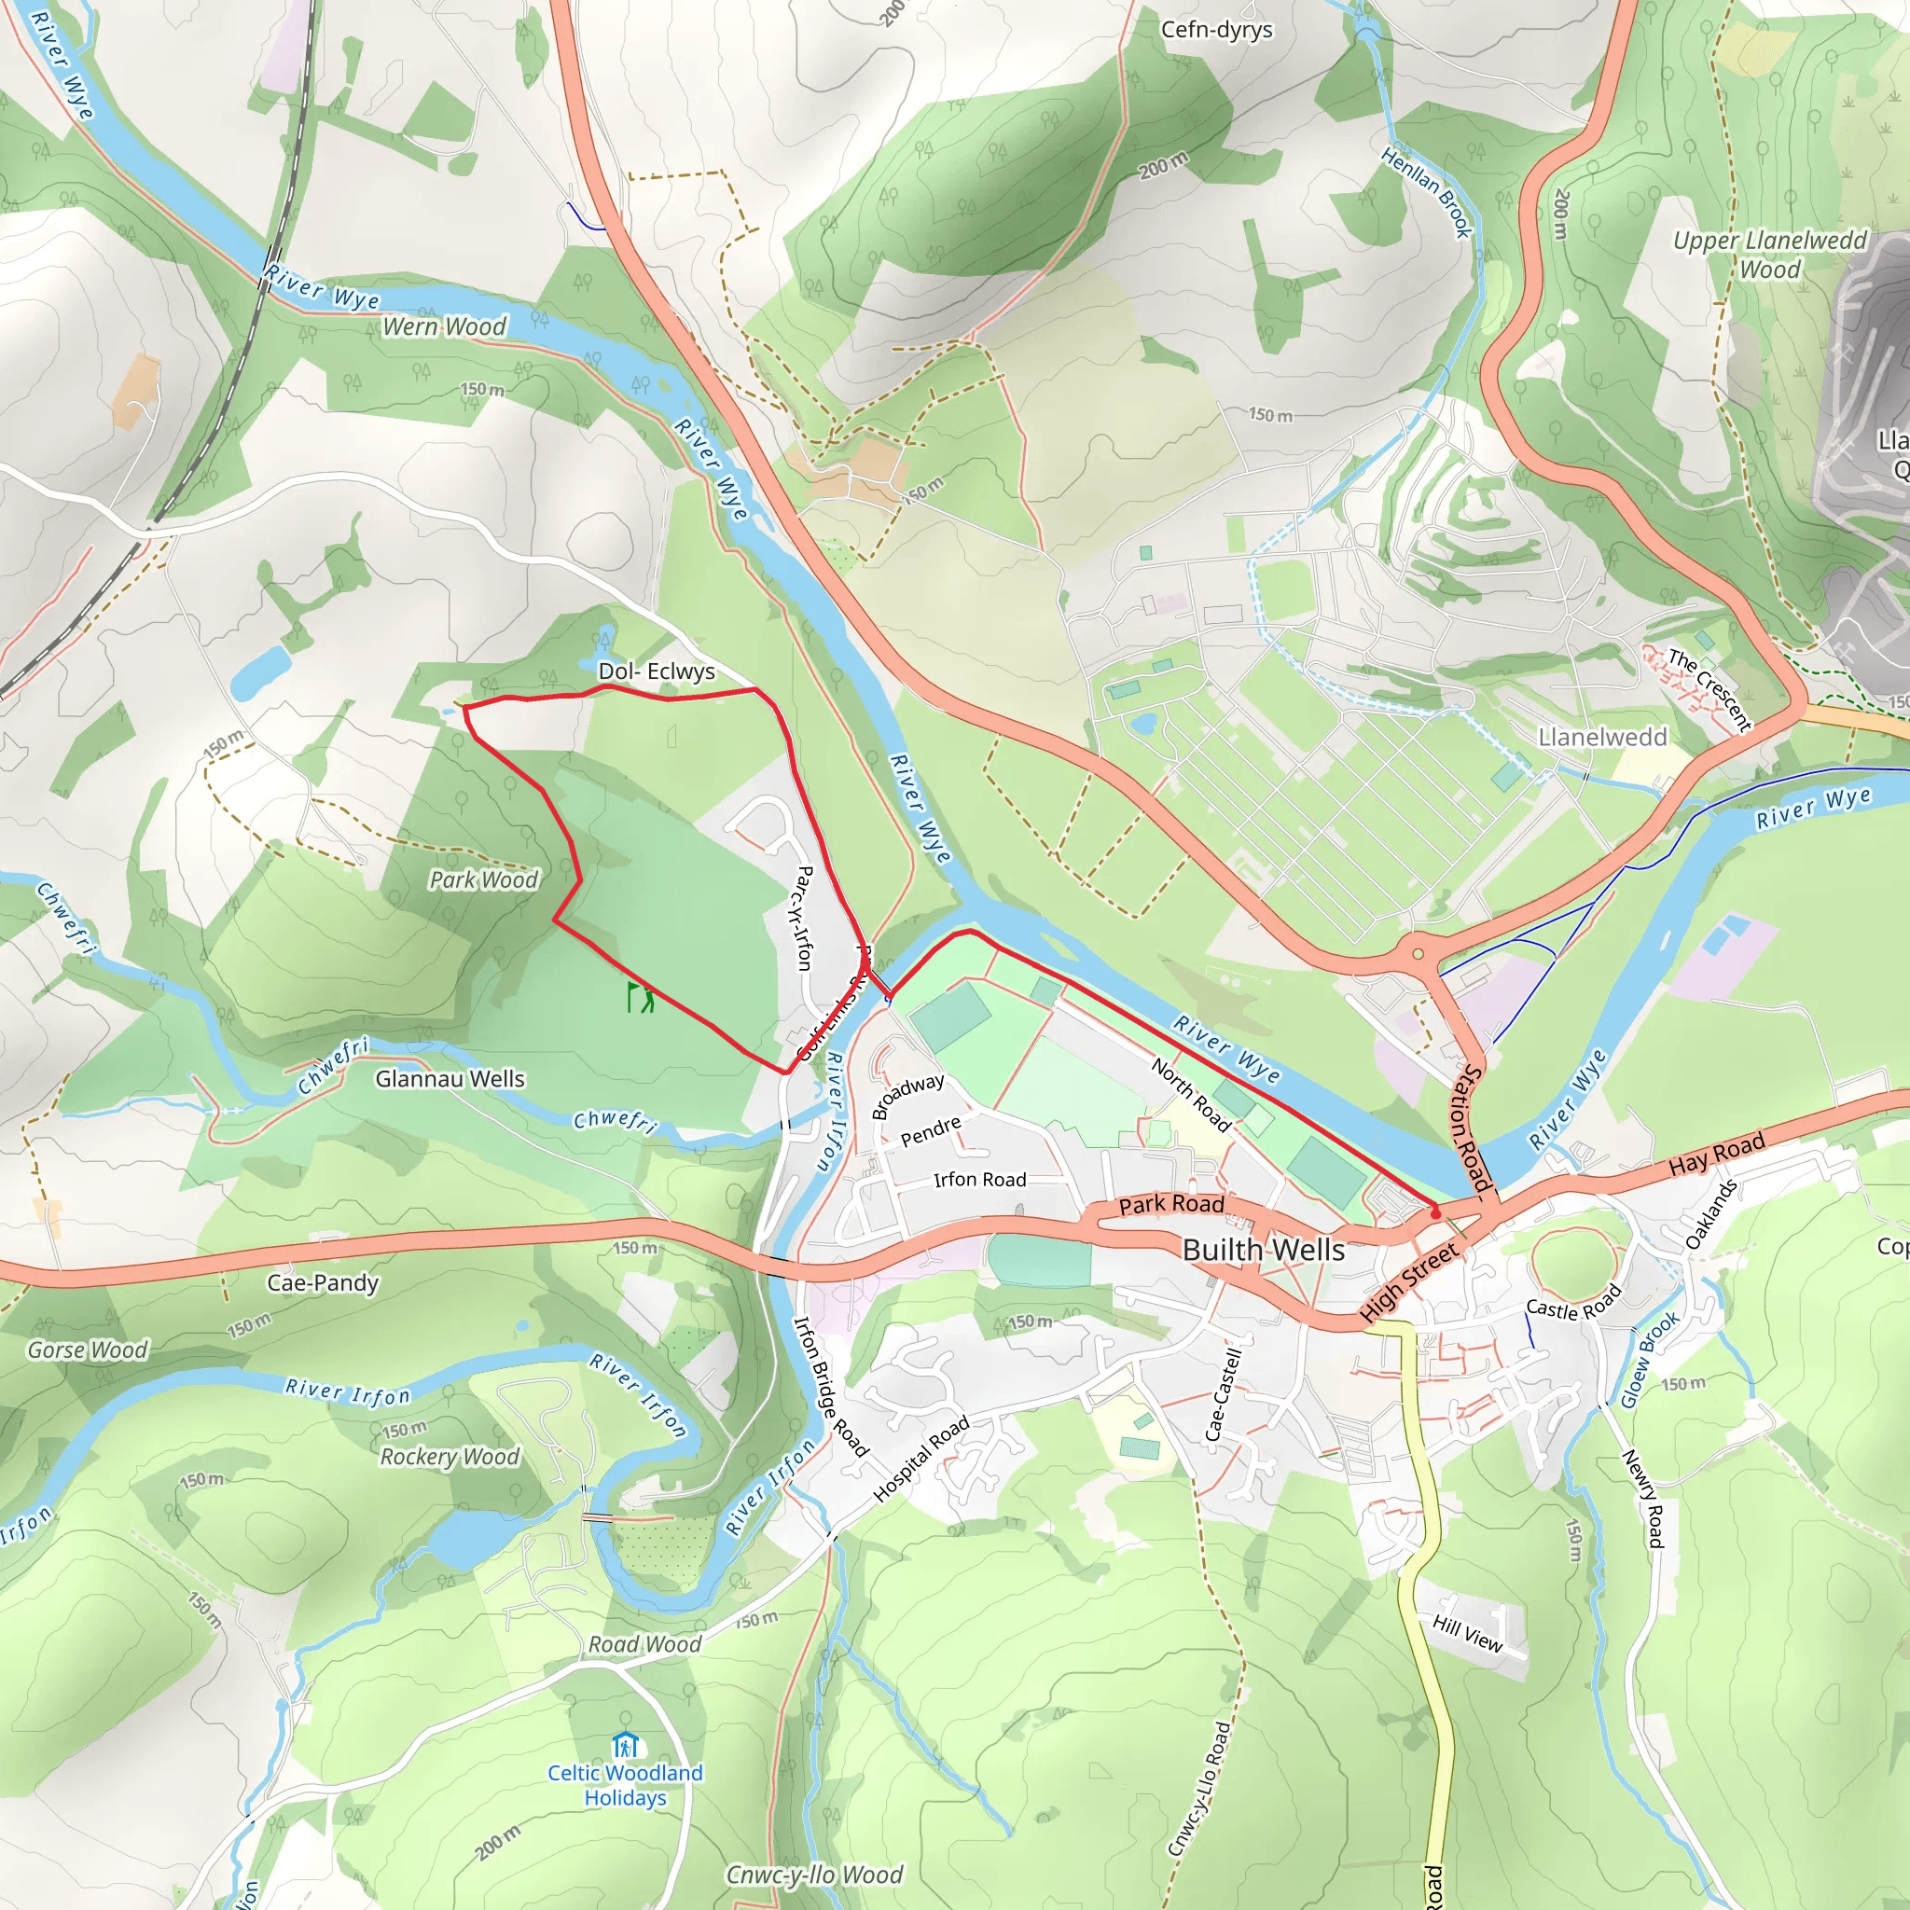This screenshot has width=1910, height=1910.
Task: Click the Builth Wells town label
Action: (x=1263, y=1250)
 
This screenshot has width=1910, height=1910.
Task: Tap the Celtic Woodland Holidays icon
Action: (x=625, y=1745)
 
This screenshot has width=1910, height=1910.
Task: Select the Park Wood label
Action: (x=483, y=879)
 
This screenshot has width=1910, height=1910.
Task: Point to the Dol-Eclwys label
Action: (x=657, y=671)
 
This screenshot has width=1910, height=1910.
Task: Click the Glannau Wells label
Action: (x=450, y=1079)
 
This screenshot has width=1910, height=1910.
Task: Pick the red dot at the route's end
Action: (x=1435, y=1213)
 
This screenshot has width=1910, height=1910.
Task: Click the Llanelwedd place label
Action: (x=1602, y=738)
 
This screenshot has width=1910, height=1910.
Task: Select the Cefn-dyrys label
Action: (x=1216, y=30)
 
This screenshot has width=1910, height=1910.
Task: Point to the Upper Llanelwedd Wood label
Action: (x=1768, y=254)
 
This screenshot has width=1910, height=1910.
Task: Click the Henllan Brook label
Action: (x=1427, y=193)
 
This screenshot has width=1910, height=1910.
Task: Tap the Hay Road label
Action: (x=1716, y=1154)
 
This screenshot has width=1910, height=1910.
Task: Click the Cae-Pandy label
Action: (x=323, y=1283)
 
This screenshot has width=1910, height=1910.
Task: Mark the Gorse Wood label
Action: (x=87, y=1350)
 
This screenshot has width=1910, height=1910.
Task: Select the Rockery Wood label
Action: (x=450, y=1456)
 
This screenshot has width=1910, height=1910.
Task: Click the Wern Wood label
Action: (x=444, y=326)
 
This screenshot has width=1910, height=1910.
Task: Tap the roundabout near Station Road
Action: (x=1418, y=954)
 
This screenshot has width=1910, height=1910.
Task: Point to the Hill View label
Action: (x=1467, y=1633)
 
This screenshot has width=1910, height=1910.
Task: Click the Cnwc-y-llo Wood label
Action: (x=813, y=1875)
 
